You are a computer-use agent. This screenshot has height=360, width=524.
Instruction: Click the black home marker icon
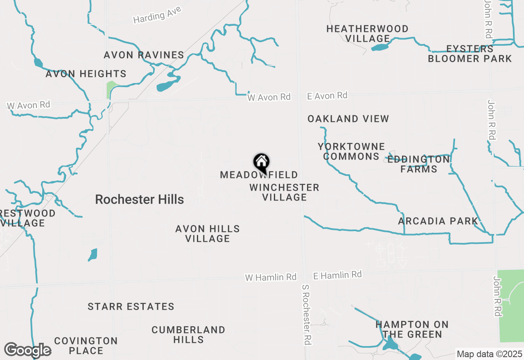coord(261,162)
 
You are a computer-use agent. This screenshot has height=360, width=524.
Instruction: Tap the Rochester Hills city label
coord(139,200)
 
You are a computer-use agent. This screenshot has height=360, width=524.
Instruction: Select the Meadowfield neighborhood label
coord(259,175)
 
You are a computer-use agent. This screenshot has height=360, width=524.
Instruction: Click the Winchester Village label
coord(284,192)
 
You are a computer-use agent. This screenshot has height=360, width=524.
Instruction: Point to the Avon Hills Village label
coord(208,234)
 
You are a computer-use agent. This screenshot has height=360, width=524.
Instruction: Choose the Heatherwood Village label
coord(367,34)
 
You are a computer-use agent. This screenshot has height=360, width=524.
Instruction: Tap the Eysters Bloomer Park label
coord(470,54)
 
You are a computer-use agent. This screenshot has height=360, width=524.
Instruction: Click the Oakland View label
coord(348,119)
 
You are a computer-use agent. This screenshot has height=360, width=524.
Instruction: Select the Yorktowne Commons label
coord(351,151)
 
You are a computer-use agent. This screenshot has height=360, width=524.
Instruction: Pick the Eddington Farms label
coord(418,164)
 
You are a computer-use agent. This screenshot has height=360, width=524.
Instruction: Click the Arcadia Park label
coord(438,221)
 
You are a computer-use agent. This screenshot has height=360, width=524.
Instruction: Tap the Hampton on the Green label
coord(412,329)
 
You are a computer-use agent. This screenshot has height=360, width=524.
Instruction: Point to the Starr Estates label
coord(131,306)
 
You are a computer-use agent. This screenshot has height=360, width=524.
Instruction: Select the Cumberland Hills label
coord(188,335)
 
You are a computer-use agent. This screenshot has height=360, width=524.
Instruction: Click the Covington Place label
coord(86,346)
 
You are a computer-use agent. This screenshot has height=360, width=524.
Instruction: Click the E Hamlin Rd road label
coord(337,275)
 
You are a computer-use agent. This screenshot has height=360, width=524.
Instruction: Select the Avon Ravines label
coord(144,55)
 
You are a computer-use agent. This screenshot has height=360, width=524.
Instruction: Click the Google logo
coord(27,351)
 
